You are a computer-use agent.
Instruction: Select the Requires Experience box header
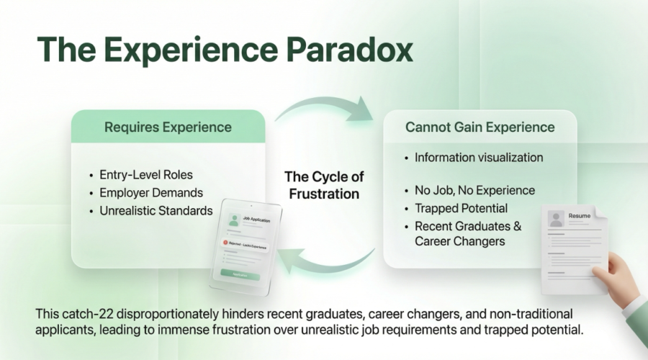pyautogui.click(x=168, y=127)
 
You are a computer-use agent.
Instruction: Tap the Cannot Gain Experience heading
pyautogui.click(x=480, y=127)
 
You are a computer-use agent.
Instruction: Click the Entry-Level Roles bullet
pyautogui.click(x=147, y=175)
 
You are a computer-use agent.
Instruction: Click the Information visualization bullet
pyautogui.click(x=479, y=157)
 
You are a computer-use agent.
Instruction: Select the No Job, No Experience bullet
pyautogui.click(x=474, y=190)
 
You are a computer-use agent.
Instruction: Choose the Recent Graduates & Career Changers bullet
pyautogui.click(x=468, y=233)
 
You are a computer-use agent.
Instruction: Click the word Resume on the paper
pyautogui.click(x=580, y=216)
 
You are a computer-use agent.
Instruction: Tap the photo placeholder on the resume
pyautogui.click(x=555, y=218)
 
